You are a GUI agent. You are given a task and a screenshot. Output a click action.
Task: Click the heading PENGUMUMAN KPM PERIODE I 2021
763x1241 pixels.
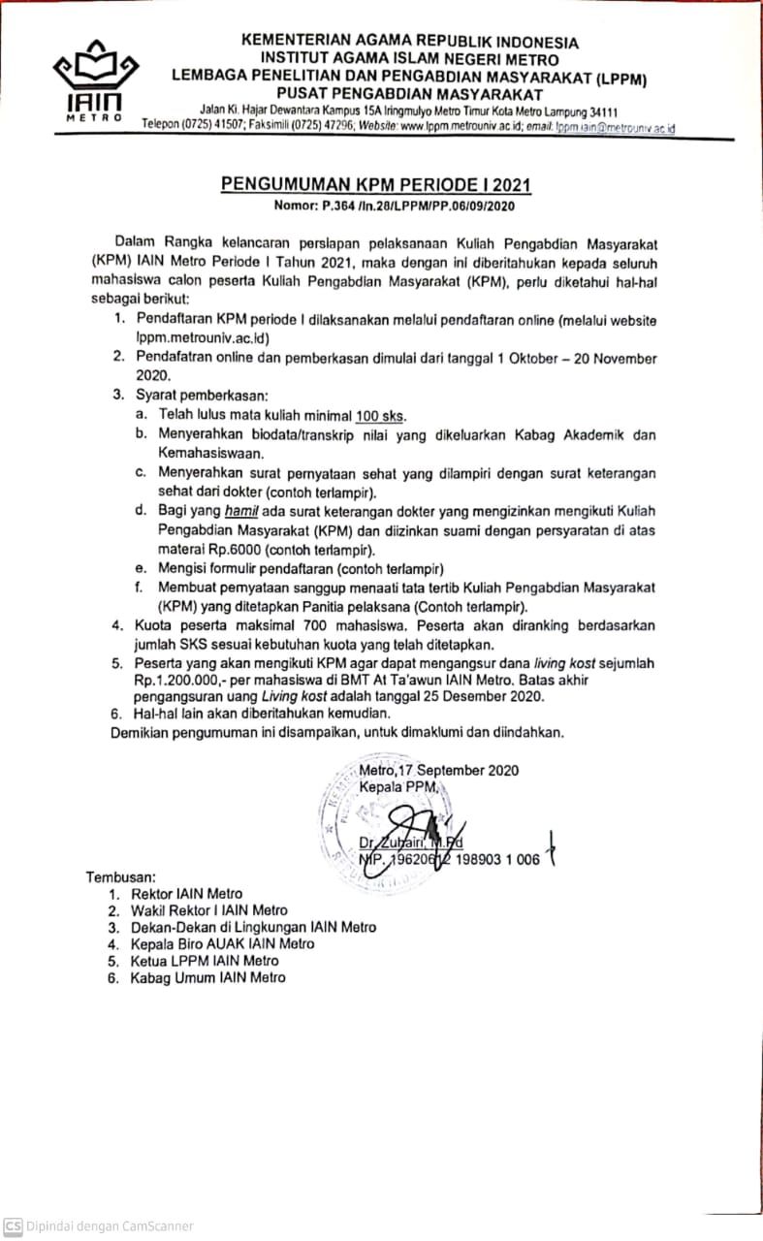pos(376,184)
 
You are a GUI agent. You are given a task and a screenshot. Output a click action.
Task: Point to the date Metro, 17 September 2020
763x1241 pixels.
pos(438,771)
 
